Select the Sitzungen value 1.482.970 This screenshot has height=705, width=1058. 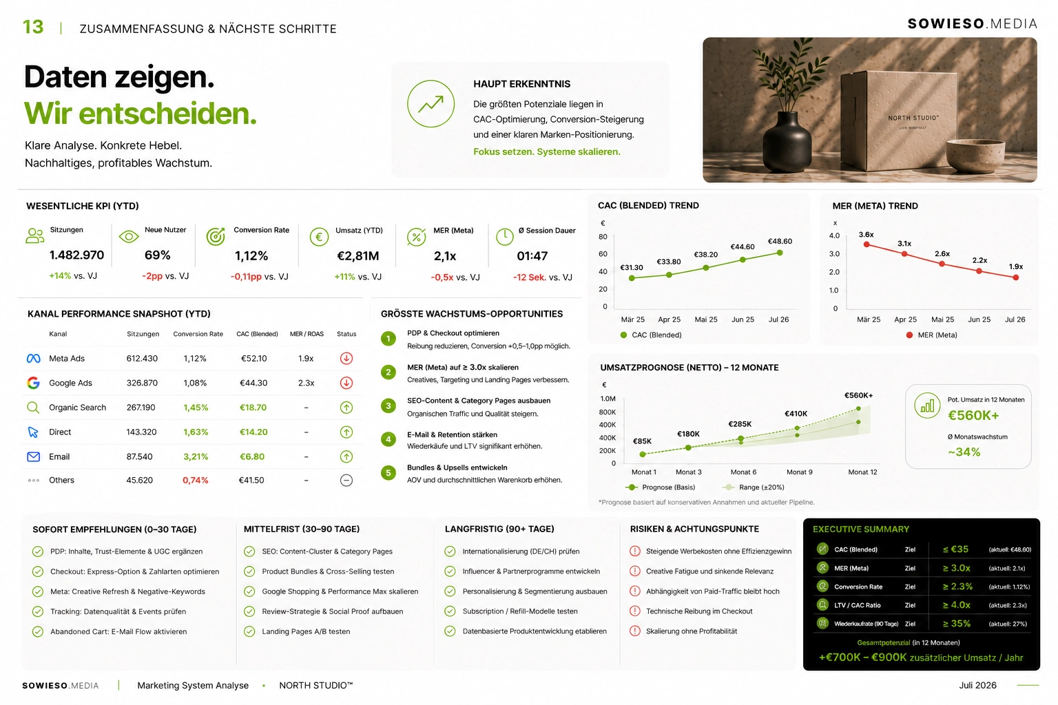tap(76, 255)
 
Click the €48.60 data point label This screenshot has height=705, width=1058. tap(780, 241)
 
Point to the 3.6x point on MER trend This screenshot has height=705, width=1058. tap(867, 244)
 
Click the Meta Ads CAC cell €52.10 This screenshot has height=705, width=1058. tap(253, 359)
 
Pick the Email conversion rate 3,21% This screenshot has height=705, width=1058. tap(196, 456)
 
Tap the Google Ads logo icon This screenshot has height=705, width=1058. tap(33, 383)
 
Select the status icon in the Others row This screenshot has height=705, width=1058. tap(346, 481)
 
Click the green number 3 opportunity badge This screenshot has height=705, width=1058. tap(388, 406)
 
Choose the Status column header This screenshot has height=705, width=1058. tap(346, 334)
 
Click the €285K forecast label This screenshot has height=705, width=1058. tap(740, 424)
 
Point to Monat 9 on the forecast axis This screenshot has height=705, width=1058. tap(799, 472)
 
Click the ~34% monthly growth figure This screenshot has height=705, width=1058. tap(964, 452)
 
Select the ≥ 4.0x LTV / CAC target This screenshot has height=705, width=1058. tap(957, 605)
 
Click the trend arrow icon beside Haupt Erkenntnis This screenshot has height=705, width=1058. tap(431, 104)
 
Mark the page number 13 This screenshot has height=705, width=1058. tap(33, 28)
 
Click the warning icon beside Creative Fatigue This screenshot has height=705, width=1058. tap(635, 571)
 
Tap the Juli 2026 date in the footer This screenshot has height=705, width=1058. tap(977, 685)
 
